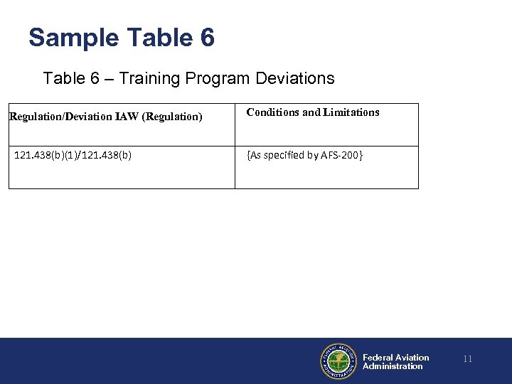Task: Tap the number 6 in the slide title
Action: pyautogui.click(x=207, y=38)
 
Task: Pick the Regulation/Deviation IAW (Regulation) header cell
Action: pyautogui.click(x=106, y=116)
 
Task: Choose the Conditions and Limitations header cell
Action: pyautogui.click(x=313, y=112)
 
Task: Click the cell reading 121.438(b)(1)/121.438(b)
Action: pyautogui.click(x=73, y=154)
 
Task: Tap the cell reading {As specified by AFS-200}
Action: pyautogui.click(x=304, y=154)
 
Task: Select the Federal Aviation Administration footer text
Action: pyautogui.click(x=395, y=362)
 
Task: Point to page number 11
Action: pyautogui.click(x=467, y=360)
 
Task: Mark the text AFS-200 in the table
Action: pyautogui.click(x=345, y=154)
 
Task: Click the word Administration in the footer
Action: pyautogui.click(x=393, y=366)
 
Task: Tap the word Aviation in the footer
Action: pyautogui.click(x=412, y=358)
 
